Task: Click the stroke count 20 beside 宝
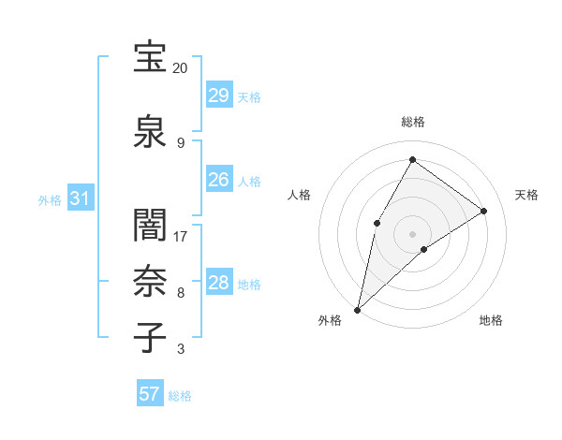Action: [x=181, y=68]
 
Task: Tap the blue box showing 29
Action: [x=218, y=95]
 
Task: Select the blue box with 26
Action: [x=218, y=180]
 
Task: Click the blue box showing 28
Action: [x=218, y=283]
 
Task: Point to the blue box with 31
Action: [x=80, y=198]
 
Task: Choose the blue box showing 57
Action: [x=149, y=394]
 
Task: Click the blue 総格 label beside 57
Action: [x=180, y=396]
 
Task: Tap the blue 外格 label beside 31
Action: [x=50, y=199]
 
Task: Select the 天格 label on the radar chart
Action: [x=526, y=195]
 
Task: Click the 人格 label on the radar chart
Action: [x=299, y=195]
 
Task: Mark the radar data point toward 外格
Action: [x=357, y=309]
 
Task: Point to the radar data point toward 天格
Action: [x=484, y=211]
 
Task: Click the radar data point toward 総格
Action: [x=412, y=159]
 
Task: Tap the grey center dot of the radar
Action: [x=412, y=233]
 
